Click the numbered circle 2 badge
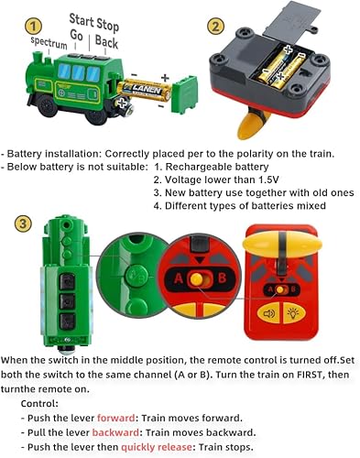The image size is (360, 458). point(215,27)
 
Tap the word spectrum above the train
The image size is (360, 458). point(49,42)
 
